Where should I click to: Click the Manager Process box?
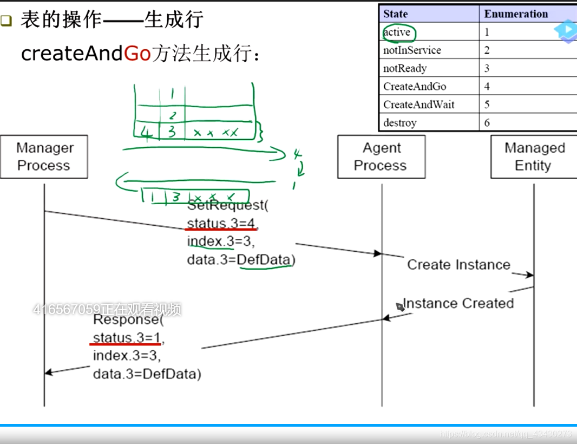point(44,157)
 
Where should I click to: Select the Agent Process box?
point(381,157)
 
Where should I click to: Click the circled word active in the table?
point(397,32)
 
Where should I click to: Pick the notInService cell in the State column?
point(412,50)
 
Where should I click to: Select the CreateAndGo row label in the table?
point(415,87)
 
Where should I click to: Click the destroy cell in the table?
point(400,123)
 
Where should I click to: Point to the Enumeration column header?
point(516,14)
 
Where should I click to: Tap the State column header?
point(396,14)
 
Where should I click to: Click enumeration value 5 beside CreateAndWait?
point(487,105)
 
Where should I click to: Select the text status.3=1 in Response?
point(127,338)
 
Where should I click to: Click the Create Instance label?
point(458,265)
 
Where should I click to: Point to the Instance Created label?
point(458,304)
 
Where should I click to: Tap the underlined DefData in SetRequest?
point(264,260)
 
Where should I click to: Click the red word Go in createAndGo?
point(137,54)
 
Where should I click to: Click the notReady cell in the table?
point(405,69)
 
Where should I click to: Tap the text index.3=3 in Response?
point(127,356)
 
